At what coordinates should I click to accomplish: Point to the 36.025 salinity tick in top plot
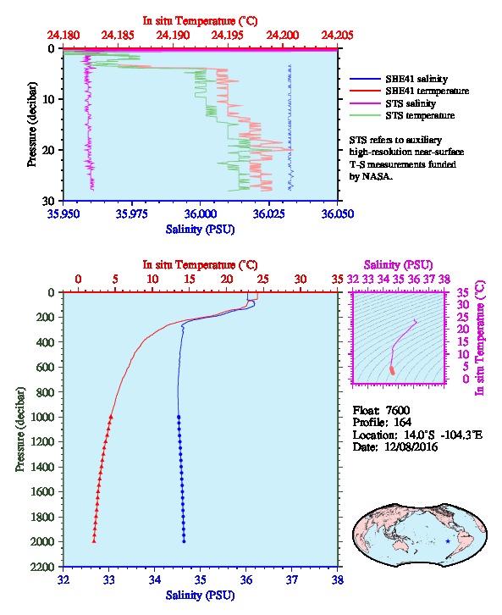coord(269,214)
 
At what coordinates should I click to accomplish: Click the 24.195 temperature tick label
coord(227,36)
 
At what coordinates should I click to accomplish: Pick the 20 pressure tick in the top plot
coord(49,150)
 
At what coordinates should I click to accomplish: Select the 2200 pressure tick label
coord(43,567)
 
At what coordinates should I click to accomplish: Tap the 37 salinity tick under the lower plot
coord(292,580)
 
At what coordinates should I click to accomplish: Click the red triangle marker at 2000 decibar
coord(94,540)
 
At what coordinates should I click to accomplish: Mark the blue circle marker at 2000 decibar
coord(184,541)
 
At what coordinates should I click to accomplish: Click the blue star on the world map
coord(448,541)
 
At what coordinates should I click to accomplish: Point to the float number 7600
coord(398,411)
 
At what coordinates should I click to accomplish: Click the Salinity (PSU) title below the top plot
coord(201,230)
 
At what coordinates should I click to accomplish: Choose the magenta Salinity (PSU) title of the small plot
coord(398,265)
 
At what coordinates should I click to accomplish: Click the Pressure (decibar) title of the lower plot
coord(20,429)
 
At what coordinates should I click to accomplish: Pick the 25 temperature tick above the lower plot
coord(263,280)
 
